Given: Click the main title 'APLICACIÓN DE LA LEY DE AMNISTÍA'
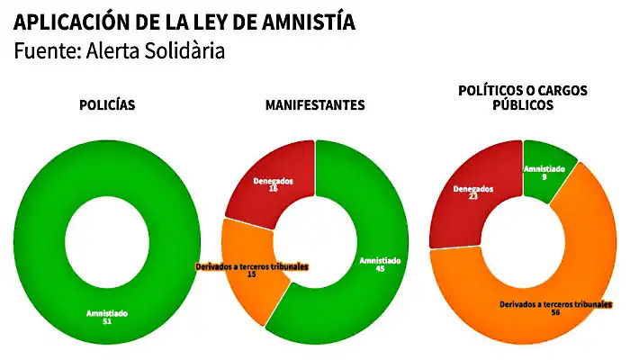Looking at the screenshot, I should click(x=184, y=22).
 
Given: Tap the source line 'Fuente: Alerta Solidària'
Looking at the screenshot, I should click(x=119, y=51).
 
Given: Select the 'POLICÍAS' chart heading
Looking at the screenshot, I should click(x=108, y=105).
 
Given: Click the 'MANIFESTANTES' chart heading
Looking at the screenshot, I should click(x=315, y=105).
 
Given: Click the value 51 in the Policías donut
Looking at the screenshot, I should click(x=107, y=321).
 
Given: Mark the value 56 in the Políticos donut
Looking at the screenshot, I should click(x=556, y=313).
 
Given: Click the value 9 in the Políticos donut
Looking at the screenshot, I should click(x=545, y=176).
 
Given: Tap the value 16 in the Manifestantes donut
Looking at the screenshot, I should click(x=273, y=188).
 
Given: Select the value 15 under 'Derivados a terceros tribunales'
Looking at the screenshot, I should click(x=251, y=275).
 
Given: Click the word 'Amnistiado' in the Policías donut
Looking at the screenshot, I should click(x=107, y=312).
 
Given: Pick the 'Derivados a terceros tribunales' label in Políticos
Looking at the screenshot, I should click(x=556, y=304).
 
